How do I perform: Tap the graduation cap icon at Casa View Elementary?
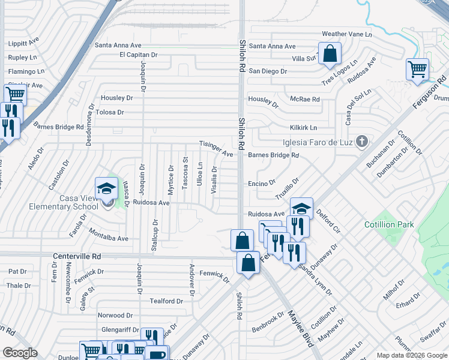(106, 188)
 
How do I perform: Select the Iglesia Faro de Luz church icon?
(361, 142)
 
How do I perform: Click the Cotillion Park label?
(389, 224)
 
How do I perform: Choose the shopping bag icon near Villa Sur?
(330, 53)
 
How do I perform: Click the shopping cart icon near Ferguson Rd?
(417, 69)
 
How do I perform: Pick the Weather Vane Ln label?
(347, 34)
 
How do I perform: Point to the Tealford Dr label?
(166, 301)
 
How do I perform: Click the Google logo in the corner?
(20, 353)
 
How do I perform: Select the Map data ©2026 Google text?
(411, 355)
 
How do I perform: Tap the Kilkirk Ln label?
(303, 128)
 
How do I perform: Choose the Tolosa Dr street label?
(109, 112)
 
